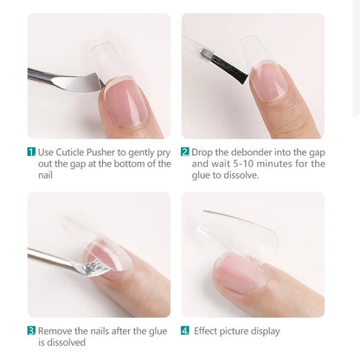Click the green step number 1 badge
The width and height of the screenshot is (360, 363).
point(31,152)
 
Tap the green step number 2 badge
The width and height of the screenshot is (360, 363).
point(185,152)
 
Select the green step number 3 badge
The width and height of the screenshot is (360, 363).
point(31,330)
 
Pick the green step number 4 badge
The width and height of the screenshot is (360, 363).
point(185,330)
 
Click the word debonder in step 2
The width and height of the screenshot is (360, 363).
point(247,152)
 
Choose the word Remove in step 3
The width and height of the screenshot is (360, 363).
point(55,330)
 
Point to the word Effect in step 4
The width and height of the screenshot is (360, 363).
point(209,330)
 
